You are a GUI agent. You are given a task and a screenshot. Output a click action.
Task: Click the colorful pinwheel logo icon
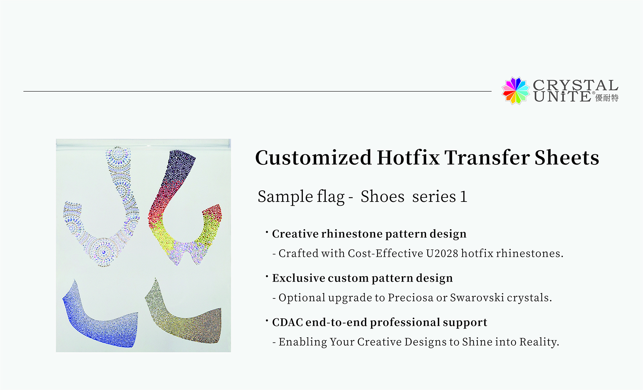point(515,91)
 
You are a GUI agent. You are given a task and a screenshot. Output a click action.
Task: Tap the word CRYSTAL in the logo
point(575,85)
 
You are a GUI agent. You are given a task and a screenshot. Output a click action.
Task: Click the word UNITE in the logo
point(562,96)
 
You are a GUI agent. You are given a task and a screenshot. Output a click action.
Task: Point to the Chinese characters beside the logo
point(607,98)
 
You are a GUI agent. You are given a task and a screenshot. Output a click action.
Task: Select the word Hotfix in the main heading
point(408,158)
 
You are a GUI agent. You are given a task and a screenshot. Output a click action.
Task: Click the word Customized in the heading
point(313,158)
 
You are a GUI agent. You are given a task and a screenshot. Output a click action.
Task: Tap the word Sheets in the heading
point(567,158)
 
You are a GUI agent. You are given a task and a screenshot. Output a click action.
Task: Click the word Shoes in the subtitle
point(382,196)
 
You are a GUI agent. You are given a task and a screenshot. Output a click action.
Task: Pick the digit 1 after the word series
point(463,197)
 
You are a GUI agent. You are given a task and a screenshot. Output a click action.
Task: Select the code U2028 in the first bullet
point(442,253)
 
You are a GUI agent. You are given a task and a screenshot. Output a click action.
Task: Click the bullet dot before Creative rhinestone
point(267,231)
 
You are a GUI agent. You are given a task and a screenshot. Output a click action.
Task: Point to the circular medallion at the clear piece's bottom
point(104,252)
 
